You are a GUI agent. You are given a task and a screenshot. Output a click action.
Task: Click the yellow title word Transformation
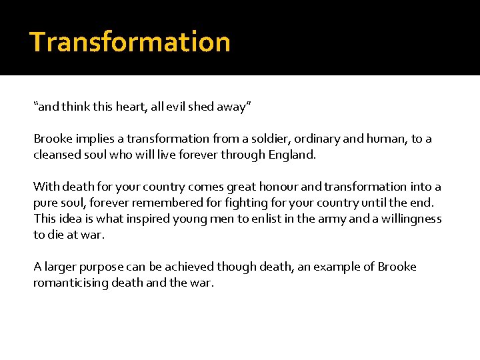pos(130,41)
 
